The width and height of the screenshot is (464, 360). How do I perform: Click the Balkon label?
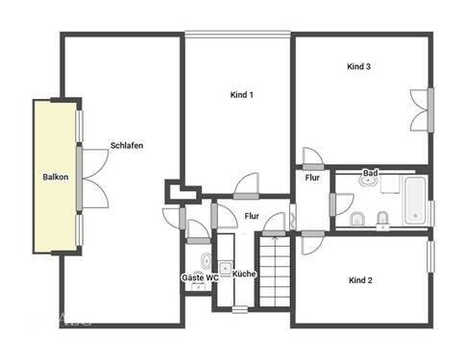(x=55, y=178)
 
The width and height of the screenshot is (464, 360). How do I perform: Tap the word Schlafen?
(x=127, y=145)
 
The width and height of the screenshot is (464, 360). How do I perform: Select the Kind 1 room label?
(x=242, y=95)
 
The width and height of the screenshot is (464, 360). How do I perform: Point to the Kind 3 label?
(x=359, y=66)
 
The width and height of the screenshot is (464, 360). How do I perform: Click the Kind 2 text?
(x=360, y=279)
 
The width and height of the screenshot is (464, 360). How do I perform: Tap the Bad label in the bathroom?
(x=370, y=173)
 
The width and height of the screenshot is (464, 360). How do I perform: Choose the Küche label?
(x=244, y=275)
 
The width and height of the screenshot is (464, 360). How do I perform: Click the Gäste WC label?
(x=200, y=277)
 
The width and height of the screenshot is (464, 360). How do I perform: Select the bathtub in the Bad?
(x=415, y=200)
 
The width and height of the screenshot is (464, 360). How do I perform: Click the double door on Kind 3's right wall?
(x=422, y=111)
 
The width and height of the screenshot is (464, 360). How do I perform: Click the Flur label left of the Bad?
(x=312, y=178)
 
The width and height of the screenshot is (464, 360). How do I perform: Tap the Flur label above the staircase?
(x=252, y=216)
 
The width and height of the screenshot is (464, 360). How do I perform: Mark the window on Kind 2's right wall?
(x=431, y=263)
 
